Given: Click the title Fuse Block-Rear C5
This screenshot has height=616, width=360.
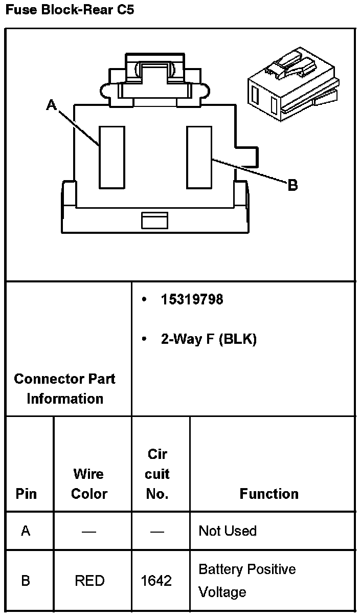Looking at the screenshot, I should click(x=70, y=10).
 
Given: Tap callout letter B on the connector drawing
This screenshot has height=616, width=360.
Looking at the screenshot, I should click(x=292, y=185).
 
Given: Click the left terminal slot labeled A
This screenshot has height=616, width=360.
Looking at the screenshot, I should click(x=112, y=157).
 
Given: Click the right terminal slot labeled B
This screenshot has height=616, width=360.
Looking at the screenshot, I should click(x=199, y=157).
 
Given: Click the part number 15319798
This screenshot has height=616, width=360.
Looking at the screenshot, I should click(x=192, y=299).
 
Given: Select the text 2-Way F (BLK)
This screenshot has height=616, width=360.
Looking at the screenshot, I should click(x=208, y=339).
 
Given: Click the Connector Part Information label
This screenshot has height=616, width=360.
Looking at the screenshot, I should click(x=65, y=389).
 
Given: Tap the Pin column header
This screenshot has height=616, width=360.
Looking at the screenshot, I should click(x=26, y=494).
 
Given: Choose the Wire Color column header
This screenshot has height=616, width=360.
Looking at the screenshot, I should click(x=89, y=483).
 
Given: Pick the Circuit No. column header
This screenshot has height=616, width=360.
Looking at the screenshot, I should click(x=157, y=474).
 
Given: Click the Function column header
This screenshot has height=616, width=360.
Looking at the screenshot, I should click(x=269, y=494).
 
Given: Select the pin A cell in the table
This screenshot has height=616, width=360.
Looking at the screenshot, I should click(x=26, y=531).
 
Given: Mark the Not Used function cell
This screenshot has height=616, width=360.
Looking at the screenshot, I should click(x=228, y=531).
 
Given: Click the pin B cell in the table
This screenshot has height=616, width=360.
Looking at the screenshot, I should click(x=26, y=581).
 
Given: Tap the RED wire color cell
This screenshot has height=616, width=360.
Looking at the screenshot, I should click(x=89, y=581).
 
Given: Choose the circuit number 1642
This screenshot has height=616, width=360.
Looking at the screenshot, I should click(x=156, y=581).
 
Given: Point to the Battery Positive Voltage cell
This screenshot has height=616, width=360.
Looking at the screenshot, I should click(x=247, y=581).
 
